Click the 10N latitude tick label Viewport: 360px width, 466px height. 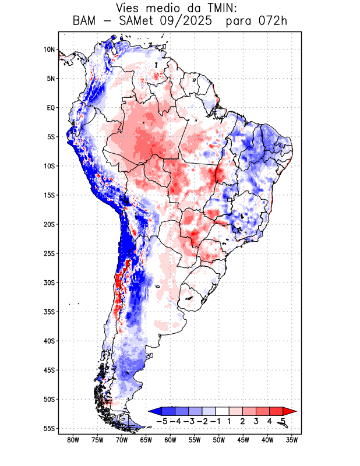[x=49, y=50]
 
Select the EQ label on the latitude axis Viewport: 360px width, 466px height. [x=51, y=108]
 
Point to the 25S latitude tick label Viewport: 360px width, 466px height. [x=49, y=253]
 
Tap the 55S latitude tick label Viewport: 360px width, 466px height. [x=49, y=428]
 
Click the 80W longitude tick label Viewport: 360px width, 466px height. [x=73, y=440]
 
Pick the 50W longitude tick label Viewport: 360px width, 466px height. [x=218, y=440]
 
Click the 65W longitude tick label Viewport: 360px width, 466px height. [x=146, y=440]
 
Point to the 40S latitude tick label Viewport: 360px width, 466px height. [x=49, y=341]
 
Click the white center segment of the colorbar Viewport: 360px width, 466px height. [x=223, y=411]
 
